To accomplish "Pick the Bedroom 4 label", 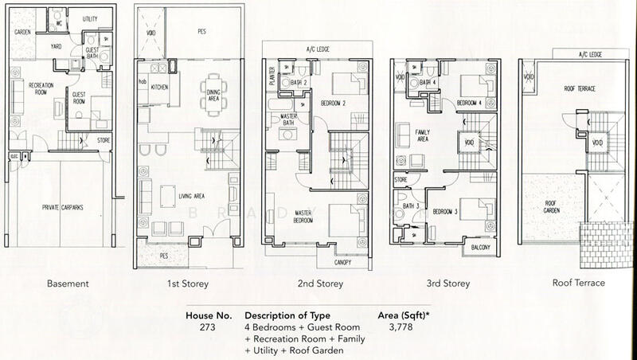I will tap(471, 104).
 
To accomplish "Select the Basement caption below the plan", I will tap(68, 284).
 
